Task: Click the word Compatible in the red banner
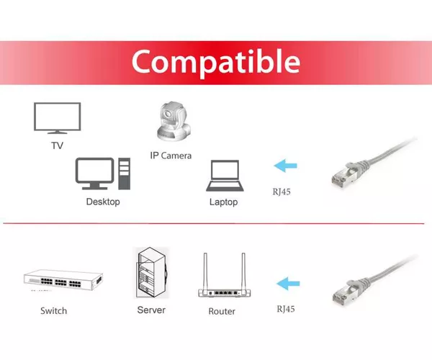[216, 62]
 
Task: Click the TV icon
[58, 118]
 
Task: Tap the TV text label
[58, 145]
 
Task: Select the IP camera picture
[174, 122]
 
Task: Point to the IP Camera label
[171, 156]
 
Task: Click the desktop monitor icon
[94, 174]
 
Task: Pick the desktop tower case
[125, 174]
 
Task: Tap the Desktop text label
[103, 202]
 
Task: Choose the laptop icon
[225, 176]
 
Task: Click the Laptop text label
[223, 202]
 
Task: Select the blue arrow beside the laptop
[285, 166]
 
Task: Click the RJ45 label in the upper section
[282, 192]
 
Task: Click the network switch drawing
[63, 280]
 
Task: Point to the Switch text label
[54, 311]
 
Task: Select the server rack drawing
[152, 273]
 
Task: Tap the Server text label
[151, 310]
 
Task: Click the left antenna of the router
[205, 271]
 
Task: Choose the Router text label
[222, 311]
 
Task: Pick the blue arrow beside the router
[288, 284]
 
